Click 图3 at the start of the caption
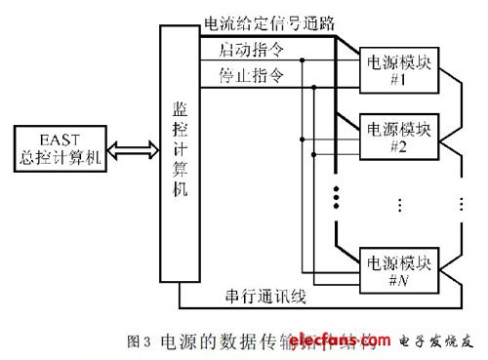(x=138, y=340)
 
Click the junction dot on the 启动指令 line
(x=304, y=60)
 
